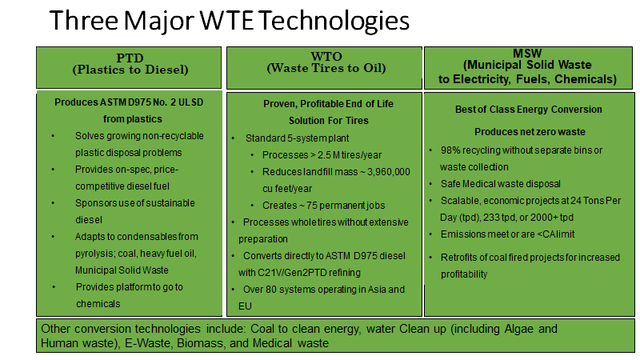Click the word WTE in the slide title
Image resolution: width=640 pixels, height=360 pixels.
226,21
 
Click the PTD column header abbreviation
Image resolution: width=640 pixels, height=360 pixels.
130,58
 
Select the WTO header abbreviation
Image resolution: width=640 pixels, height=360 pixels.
326,56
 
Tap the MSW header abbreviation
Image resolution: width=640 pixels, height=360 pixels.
527,53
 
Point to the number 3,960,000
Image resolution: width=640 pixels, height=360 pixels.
388,172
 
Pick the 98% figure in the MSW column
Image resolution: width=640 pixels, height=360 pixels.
450,150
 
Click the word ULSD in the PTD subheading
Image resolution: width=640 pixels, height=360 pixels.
190,102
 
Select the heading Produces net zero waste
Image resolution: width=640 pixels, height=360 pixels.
530,132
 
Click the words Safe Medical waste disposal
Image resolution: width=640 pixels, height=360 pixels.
501,184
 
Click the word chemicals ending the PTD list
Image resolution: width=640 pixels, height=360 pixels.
98,304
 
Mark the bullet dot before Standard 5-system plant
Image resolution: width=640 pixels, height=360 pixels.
233,138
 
